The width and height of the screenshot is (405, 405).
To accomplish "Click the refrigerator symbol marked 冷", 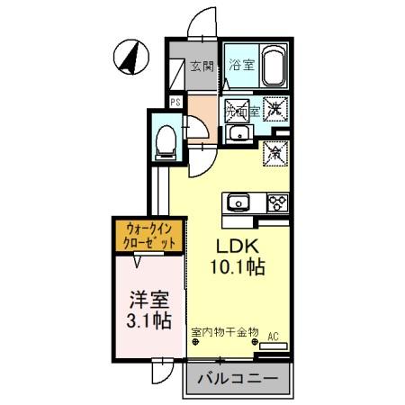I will click(x=274, y=153).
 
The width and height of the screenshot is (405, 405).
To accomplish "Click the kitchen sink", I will click(x=239, y=202).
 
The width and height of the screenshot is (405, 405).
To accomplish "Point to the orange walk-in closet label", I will click(x=149, y=236).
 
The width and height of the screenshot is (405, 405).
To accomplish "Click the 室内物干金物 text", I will click(x=223, y=331).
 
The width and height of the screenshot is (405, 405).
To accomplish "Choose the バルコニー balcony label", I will click(x=238, y=379).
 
